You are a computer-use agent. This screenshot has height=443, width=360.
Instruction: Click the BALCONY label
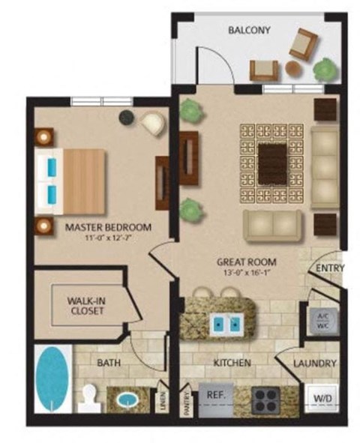click(248, 31)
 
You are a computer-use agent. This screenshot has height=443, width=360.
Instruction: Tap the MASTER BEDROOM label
click(108, 226)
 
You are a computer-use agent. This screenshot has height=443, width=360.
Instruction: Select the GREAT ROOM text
click(246, 262)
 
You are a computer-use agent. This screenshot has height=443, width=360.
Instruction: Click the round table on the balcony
click(293, 69)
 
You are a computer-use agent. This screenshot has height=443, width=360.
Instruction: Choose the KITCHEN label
click(232, 363)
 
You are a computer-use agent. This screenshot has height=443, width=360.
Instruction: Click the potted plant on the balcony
click(324, 70)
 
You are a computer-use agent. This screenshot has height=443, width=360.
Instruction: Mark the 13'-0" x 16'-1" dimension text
click(246, 274)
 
